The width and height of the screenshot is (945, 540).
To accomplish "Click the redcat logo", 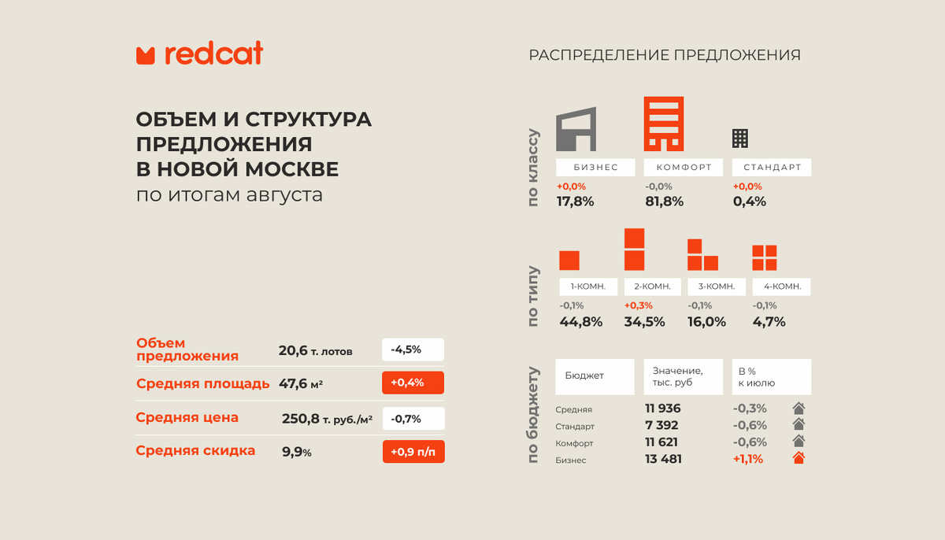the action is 199,53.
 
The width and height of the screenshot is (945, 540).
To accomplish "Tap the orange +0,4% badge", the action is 413,383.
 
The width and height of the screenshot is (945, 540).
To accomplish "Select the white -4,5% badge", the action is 413,350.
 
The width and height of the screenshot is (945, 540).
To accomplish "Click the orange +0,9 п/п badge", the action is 413,452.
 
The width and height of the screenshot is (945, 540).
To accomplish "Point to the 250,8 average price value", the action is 300,419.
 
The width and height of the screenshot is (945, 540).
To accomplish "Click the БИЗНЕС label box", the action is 595,168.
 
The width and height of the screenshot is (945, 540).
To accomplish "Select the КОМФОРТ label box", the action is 684,168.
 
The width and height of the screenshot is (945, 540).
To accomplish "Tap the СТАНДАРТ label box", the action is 772,168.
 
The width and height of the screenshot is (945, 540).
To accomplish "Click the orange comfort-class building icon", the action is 664,124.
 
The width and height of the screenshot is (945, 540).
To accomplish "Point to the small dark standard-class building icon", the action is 740,139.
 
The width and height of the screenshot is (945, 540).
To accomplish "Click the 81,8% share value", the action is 664,202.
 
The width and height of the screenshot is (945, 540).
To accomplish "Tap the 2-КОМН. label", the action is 652,287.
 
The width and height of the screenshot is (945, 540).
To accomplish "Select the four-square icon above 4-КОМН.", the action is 765,257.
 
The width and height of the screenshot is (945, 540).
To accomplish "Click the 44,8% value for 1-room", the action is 581,322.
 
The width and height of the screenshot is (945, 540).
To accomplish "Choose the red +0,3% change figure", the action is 639,305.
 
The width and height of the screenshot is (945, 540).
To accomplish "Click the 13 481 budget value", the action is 663,459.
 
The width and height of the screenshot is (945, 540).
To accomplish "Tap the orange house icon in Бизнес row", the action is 799,458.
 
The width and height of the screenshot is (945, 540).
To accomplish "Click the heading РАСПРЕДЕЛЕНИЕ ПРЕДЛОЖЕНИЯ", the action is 665,55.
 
